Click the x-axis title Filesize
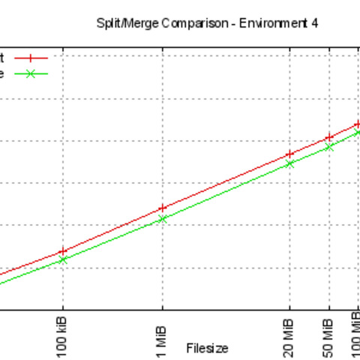(x=207, y=348)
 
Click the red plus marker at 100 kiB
(x=63, y=252)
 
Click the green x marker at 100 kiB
(x=63, y=260)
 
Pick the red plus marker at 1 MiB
(x=162, y=208)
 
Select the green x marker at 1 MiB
(x=162, y=219)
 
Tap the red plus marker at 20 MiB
(x=289, y=154)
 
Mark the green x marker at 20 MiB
(x=289, y=163)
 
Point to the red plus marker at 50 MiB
(x=328, y=137)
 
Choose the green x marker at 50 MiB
(x=328, y=147)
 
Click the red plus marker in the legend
(x=31, y=57)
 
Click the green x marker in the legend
(x=31, y=73)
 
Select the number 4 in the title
(x=315, y=23)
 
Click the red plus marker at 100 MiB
(x=358, y=124)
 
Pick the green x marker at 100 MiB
(x=358, y=133)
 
